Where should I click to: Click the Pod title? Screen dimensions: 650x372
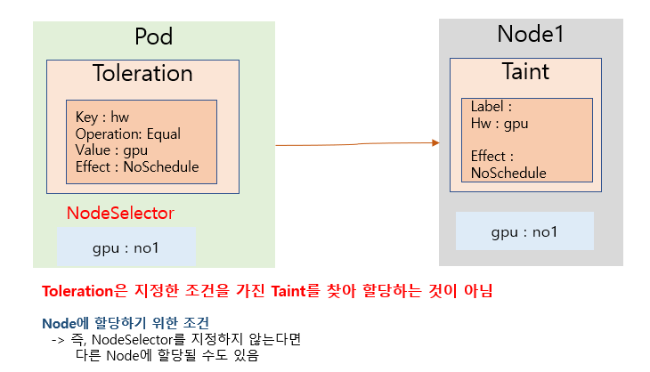(153, 36)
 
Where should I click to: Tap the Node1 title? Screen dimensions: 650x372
(530, 34)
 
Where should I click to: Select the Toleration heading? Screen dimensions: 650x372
(142, 73)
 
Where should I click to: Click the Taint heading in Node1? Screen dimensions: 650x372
(525, 71)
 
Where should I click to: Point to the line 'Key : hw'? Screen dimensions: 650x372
(102, 117)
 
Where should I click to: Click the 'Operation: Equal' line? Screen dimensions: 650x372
(128, 133)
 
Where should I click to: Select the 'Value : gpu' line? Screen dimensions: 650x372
(111, 150)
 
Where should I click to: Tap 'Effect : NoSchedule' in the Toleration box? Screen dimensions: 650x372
(137, 166)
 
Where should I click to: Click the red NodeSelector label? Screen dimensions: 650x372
(120, 213)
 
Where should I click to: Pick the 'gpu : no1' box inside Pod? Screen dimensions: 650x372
(126, 247)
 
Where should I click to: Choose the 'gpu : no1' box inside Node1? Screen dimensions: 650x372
(524, 230)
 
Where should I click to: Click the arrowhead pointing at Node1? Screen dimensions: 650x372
(435, 143)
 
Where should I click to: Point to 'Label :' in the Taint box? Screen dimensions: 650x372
(492, 107)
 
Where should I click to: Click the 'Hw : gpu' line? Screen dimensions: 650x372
(500, 124)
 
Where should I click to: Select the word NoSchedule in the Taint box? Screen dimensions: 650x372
(508, 173)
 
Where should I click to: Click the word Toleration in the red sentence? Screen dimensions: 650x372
(77, 291)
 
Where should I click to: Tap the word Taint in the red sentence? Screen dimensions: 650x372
(288, 291)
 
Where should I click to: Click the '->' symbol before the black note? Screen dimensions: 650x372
(58, 341)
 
